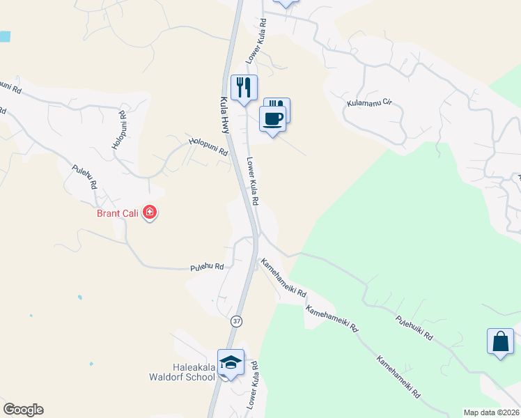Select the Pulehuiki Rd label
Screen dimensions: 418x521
tap(414, 327)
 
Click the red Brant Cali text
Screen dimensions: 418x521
tap(117, 212)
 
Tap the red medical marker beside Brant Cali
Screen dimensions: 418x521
tap(149, 212)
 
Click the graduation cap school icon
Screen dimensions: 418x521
tap(231, 362)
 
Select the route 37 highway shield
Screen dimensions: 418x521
tap(237, 321)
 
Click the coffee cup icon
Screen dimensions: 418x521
tap(272, 118)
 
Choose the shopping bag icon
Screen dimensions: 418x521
tap(500, 342)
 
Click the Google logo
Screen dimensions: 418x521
tap(23, 410)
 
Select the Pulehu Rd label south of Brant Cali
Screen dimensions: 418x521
tap(207, 267)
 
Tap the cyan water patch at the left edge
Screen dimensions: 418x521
tap(4, 36)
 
